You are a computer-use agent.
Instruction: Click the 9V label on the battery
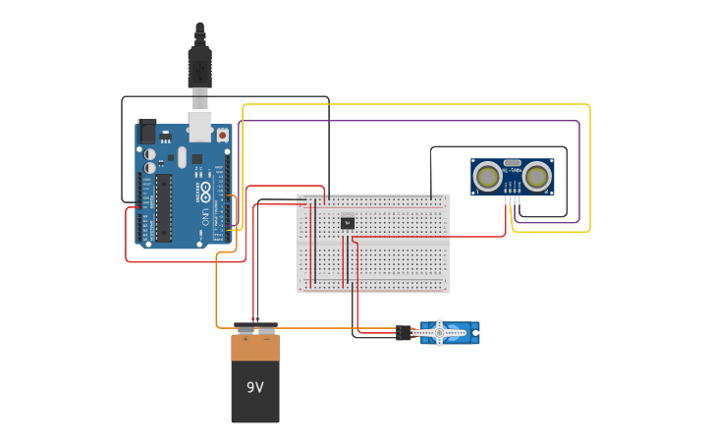pos(255,387)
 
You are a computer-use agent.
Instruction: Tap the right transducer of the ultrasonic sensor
pos(535,176)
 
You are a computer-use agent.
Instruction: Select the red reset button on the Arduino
pos(223,134)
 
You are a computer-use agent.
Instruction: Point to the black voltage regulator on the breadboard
pos(348,222)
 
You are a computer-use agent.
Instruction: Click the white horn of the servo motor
pos(440,332)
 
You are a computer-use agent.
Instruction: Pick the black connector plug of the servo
pos(404,333)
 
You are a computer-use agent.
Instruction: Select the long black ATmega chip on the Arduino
pos(163,207)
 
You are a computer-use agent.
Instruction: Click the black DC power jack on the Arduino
pos(147,132)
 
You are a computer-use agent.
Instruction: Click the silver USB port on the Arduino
pos(200,125)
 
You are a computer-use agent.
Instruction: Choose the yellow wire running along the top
pos(412,104)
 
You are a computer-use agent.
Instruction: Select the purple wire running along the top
pos(412,122)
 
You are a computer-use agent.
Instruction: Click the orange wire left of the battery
pos(217,295)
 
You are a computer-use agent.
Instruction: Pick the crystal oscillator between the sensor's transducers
pos(512,163)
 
